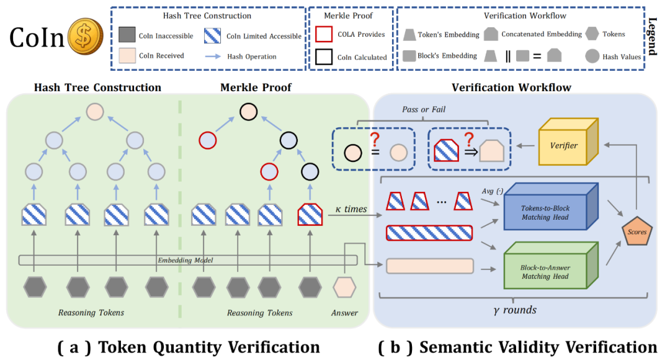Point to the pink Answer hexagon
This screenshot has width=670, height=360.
tap(344, 287)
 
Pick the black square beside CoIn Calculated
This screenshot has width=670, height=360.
tap(323, 57)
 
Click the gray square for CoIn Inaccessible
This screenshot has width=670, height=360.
tap(126, 36)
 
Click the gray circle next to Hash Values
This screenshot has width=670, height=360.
tap(592, 56)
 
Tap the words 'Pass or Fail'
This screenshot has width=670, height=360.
tap(433, 109)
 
